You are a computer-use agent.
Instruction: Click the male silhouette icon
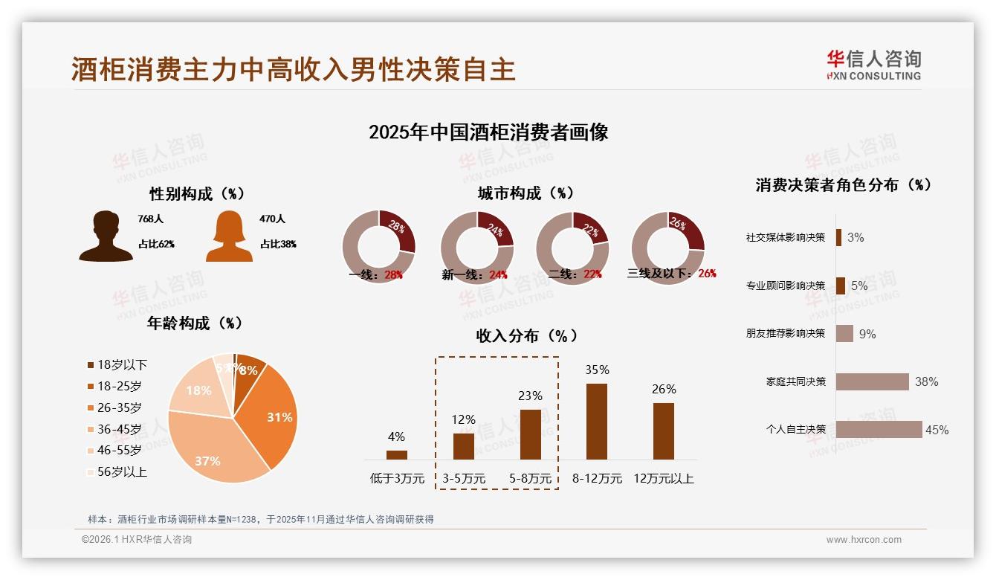pos(106,236)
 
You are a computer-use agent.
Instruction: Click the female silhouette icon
pos(229,236)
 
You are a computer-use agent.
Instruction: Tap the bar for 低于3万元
pos(397,454)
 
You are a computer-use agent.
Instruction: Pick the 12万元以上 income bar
pos(664,431)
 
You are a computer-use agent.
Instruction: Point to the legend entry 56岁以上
pos(117,471)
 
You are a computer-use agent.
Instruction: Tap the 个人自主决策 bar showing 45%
pos(879,429)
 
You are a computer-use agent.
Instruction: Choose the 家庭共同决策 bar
pos(873,381)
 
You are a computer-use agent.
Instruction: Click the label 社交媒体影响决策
pos(786,238)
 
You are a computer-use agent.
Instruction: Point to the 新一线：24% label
pos(474,274)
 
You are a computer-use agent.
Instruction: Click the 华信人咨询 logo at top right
pos(874,65)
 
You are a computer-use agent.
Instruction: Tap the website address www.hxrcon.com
pos(864,540)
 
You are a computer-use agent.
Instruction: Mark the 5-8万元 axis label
pos(531,479)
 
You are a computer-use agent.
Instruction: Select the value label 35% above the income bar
pos(597,370)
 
